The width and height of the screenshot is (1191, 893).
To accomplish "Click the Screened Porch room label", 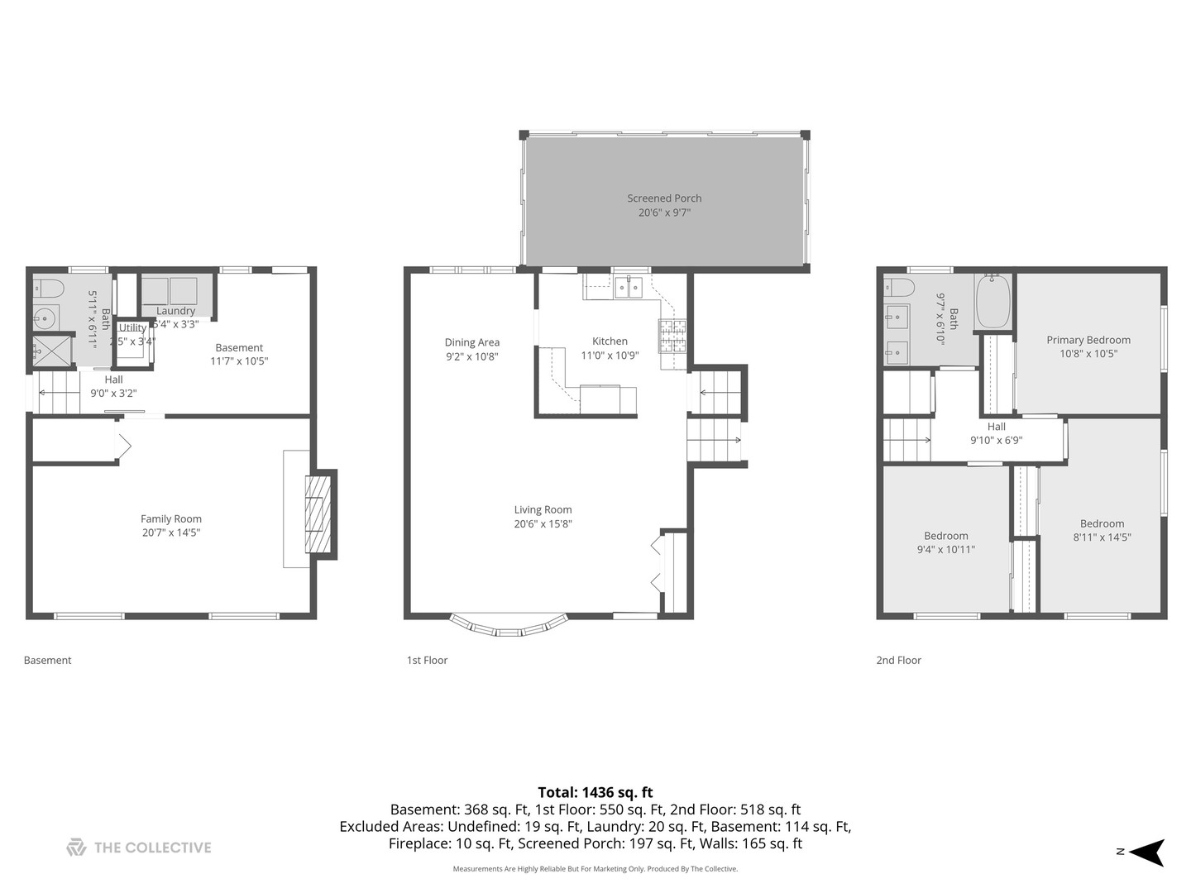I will tap(664, 198).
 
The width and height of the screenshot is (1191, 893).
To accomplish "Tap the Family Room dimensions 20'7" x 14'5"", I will tap(171, 532).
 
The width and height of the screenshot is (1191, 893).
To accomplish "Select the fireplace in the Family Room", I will tap(318, 514).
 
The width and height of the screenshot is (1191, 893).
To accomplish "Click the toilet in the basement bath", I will tap(49, 289).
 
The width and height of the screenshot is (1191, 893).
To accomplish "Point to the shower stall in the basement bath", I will tap(51, 351).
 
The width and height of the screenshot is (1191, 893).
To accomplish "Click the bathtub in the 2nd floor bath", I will tap(993, 303).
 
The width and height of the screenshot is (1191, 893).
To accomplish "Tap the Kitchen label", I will tap(610, 341).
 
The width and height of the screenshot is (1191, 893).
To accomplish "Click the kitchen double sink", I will tap(629, 287).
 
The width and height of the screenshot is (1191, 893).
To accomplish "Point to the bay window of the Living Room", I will tap(509, 626).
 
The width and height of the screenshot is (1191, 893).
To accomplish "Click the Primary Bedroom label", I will tap(1088, 340).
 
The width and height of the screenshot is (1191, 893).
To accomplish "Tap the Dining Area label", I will tap(471, 342).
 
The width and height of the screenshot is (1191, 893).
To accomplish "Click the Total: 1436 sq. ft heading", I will tap(595, 792).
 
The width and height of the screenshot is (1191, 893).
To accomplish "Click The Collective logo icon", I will tap(76, 848).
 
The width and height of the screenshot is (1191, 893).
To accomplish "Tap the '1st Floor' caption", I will tap(427, 660).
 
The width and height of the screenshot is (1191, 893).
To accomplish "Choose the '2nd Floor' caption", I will tap(898, 660).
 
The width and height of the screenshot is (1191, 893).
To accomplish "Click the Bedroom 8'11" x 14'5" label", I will tap(1102, 523).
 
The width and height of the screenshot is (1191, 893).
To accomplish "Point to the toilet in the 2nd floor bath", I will tap(899, 288).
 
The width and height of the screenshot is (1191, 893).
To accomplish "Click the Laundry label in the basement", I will tap(175, 311).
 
